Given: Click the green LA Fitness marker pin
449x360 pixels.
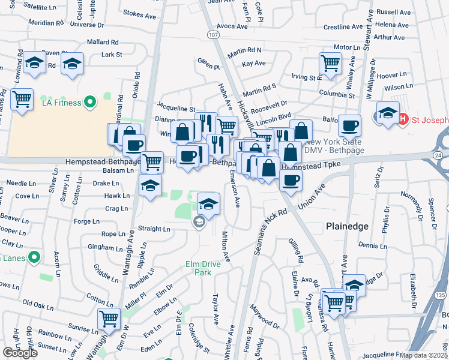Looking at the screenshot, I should coord(90,103).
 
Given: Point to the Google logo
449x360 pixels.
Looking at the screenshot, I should coord(20,353).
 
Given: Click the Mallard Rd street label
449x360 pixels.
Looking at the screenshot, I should coord(103,42).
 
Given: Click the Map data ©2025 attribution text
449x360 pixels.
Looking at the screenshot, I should coord(424,355).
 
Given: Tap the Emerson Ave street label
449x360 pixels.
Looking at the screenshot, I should coord(237,192).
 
